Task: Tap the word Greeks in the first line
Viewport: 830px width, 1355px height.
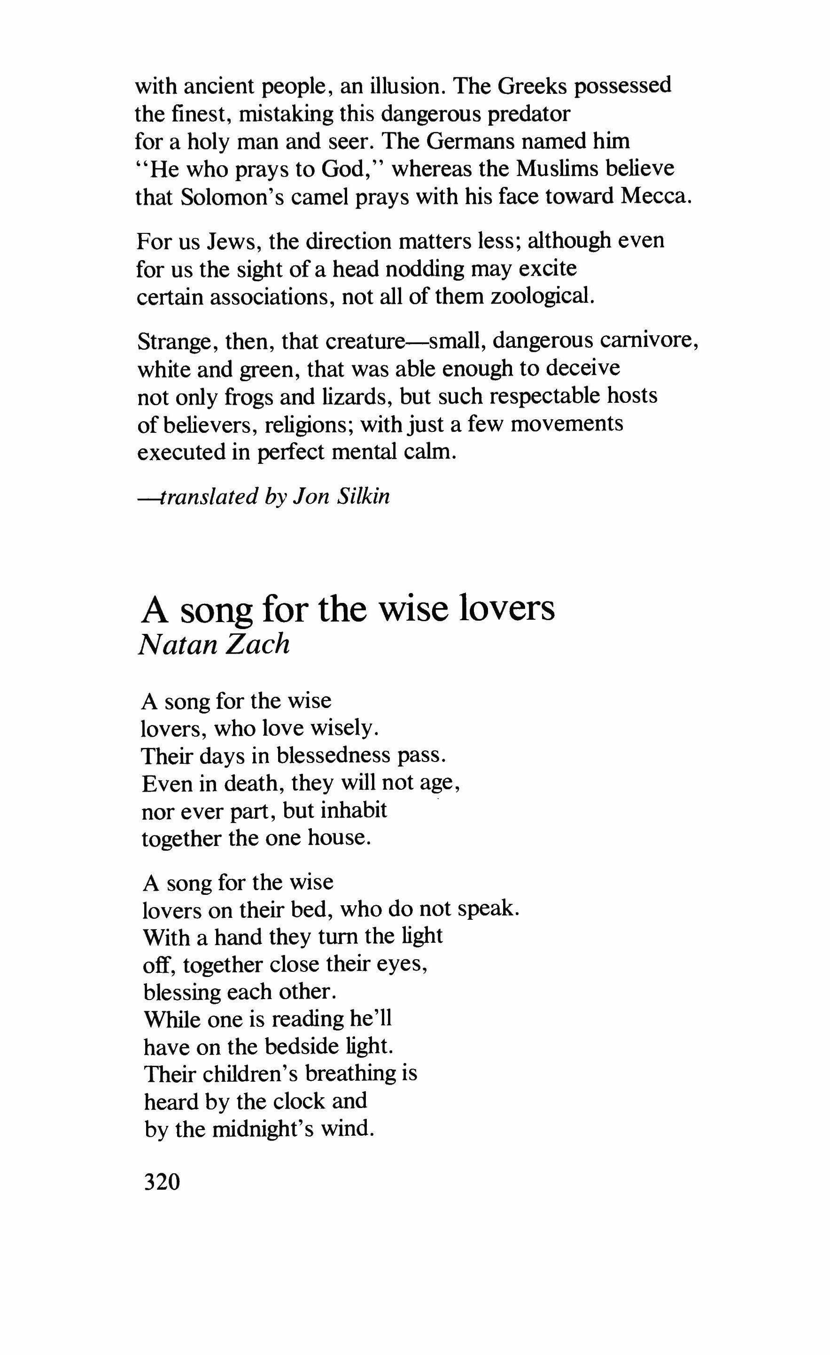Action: (x=532, y=86)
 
